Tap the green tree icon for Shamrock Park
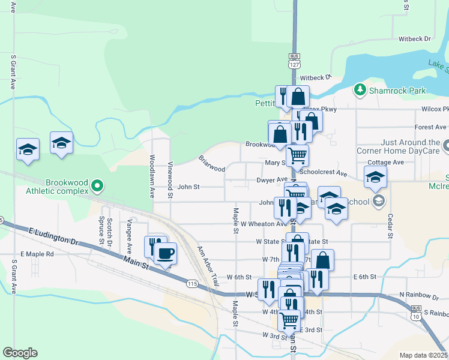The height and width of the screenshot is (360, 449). click(x=360, y=90)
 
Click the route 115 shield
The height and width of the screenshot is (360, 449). click(x=192, y=283)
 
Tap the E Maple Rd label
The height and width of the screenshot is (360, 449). click(x=37, y=254)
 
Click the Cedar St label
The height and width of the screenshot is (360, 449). click(x=390, y=225)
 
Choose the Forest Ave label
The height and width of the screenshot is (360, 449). click(x=430, y=127)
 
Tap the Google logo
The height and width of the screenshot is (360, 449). click(x=20, y=353)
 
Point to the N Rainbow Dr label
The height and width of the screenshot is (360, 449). click(x=418, y=295)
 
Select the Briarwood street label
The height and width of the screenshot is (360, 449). click(x=212, y=164)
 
